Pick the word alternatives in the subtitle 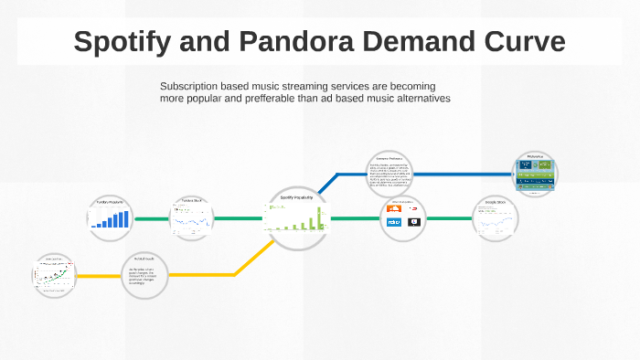[x=420, y=98]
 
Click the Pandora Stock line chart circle [x=192, y=217]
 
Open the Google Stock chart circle [x=496, y=218]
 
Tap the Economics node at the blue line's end [x=535, y=173]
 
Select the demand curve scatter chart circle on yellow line [x=53, y=275]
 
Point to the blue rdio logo [x=395, y=222]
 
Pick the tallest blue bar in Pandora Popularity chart [x=126, y=217]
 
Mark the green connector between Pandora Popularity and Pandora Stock [x=151, y=218]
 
